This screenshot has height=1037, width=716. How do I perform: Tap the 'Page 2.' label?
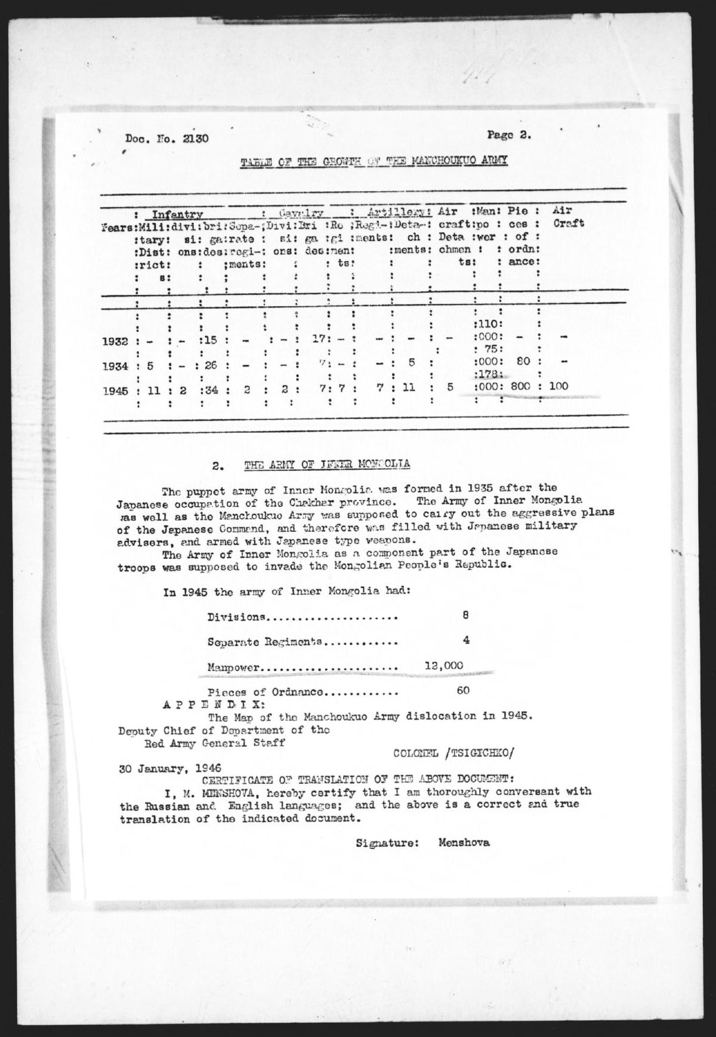click(x=508, y=135)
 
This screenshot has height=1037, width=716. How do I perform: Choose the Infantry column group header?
click(x=177, y=214)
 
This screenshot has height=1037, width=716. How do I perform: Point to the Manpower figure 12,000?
click(x=442, y=664)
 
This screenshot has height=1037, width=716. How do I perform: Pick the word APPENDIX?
click(x=199, y=704)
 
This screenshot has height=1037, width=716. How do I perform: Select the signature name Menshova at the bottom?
click(x=464, y=844)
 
